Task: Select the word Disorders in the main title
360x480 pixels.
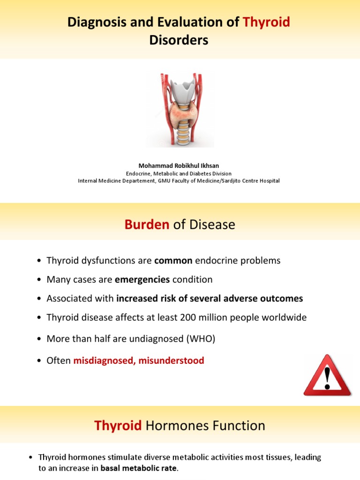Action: pos(179,41)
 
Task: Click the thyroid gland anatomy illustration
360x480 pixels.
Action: pos(180,109)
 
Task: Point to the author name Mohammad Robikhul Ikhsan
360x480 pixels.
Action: pos(179,166)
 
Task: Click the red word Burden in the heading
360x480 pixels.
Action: pos(147,225)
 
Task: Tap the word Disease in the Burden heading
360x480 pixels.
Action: pos(212,225)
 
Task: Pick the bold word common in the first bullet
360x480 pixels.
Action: pos(173,261)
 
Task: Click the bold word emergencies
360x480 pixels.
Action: pos(142,280)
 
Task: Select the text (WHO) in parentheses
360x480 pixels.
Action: pos(202,339)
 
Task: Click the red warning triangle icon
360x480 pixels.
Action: pos(327,376)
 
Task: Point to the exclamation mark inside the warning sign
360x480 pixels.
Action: pos(327,379)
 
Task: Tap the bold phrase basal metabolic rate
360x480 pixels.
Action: pos(139,468)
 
